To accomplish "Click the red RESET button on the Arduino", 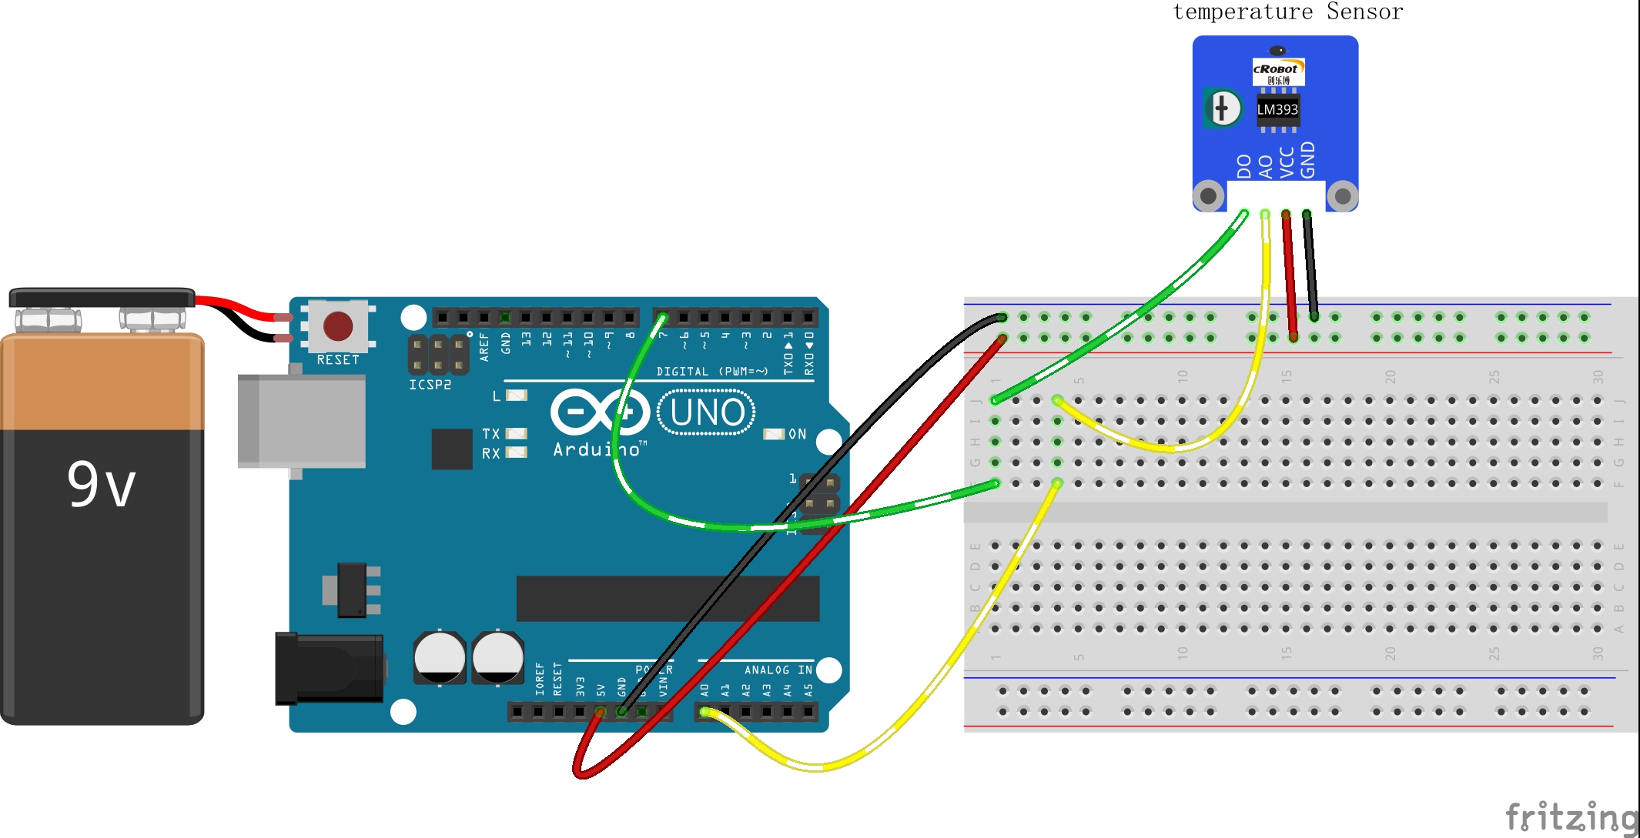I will pyautogui.click(x=338, y=326).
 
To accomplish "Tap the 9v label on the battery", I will pyautogui.click(x=101, y=484).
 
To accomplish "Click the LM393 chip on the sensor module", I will pyautogui.click(x=1277, y=110).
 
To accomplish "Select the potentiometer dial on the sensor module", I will pyautogui.click(x=1223, y=109).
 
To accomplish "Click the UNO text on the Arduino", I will pyautogui.click(x=707, y=412).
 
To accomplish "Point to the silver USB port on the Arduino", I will pyautogui.click(x=302, y=421).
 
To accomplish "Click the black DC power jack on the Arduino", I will pyautogui.click(x=330, y=668).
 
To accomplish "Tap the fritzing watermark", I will pyautogui.click(x=1571, y=816).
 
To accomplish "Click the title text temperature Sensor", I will pyautogui.click(x=1287, y=12).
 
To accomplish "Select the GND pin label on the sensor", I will pyautogui.click(x=1307, y=160).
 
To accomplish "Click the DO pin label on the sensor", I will pyautogui.click(x=1243, y=166).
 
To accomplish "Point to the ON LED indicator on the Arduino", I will pyautogui.click(x=773, y=434).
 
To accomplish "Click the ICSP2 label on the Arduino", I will pyautogui.click(x=430, y=385).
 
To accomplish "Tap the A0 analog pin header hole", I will pyautogui.click(x=704, y=712).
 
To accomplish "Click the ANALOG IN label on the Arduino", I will pyautogui.click(x=778, y=670).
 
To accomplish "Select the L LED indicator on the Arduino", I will pyautogui.click(x=516, y=396).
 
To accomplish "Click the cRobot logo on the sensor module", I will pyautogui.click(x=1277, y=70).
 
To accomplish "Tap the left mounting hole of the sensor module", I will pyautogui.click(x=1209, y=195).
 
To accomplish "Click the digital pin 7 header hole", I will pyautogui.click(x=662, y=317).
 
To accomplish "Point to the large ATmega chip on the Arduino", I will pyautogui.click(x=668, y=598).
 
